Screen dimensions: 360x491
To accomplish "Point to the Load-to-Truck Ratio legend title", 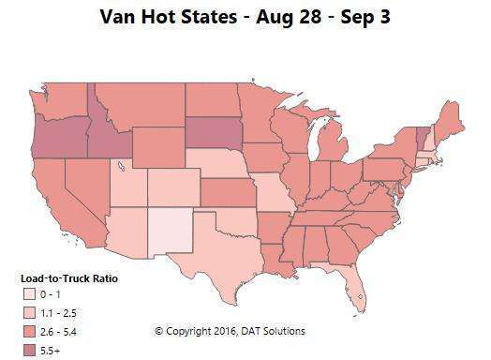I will coord(69,278).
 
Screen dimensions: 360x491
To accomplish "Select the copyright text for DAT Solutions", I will coord(229,331).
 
